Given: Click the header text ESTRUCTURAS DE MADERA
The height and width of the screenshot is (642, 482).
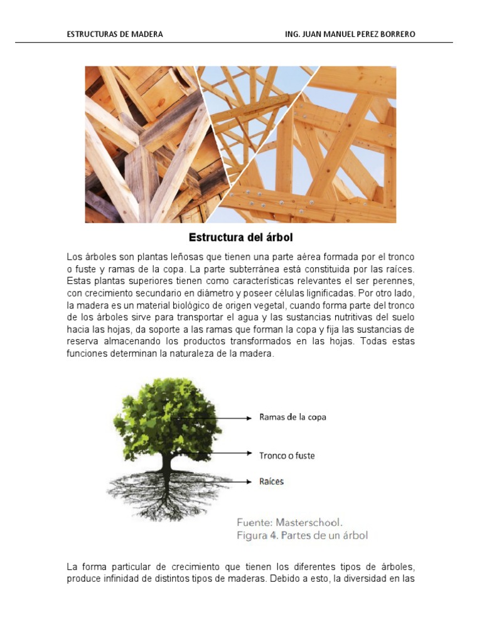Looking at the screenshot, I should tap(115, 34).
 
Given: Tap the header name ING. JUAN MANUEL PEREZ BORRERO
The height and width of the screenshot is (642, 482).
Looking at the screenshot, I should tap(350, 34).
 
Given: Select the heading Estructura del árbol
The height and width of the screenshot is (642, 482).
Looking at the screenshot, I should tap(241, 238).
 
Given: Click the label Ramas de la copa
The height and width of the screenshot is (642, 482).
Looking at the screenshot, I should tap(292, 417).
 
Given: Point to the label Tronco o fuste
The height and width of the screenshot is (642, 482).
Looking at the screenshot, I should tap(287, 455).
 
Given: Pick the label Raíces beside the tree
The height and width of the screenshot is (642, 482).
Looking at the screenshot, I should tap(272, 481).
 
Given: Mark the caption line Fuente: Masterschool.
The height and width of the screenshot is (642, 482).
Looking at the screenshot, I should tap(289, 522).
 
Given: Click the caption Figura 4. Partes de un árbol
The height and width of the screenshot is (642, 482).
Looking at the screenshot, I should tap(302, 535).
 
